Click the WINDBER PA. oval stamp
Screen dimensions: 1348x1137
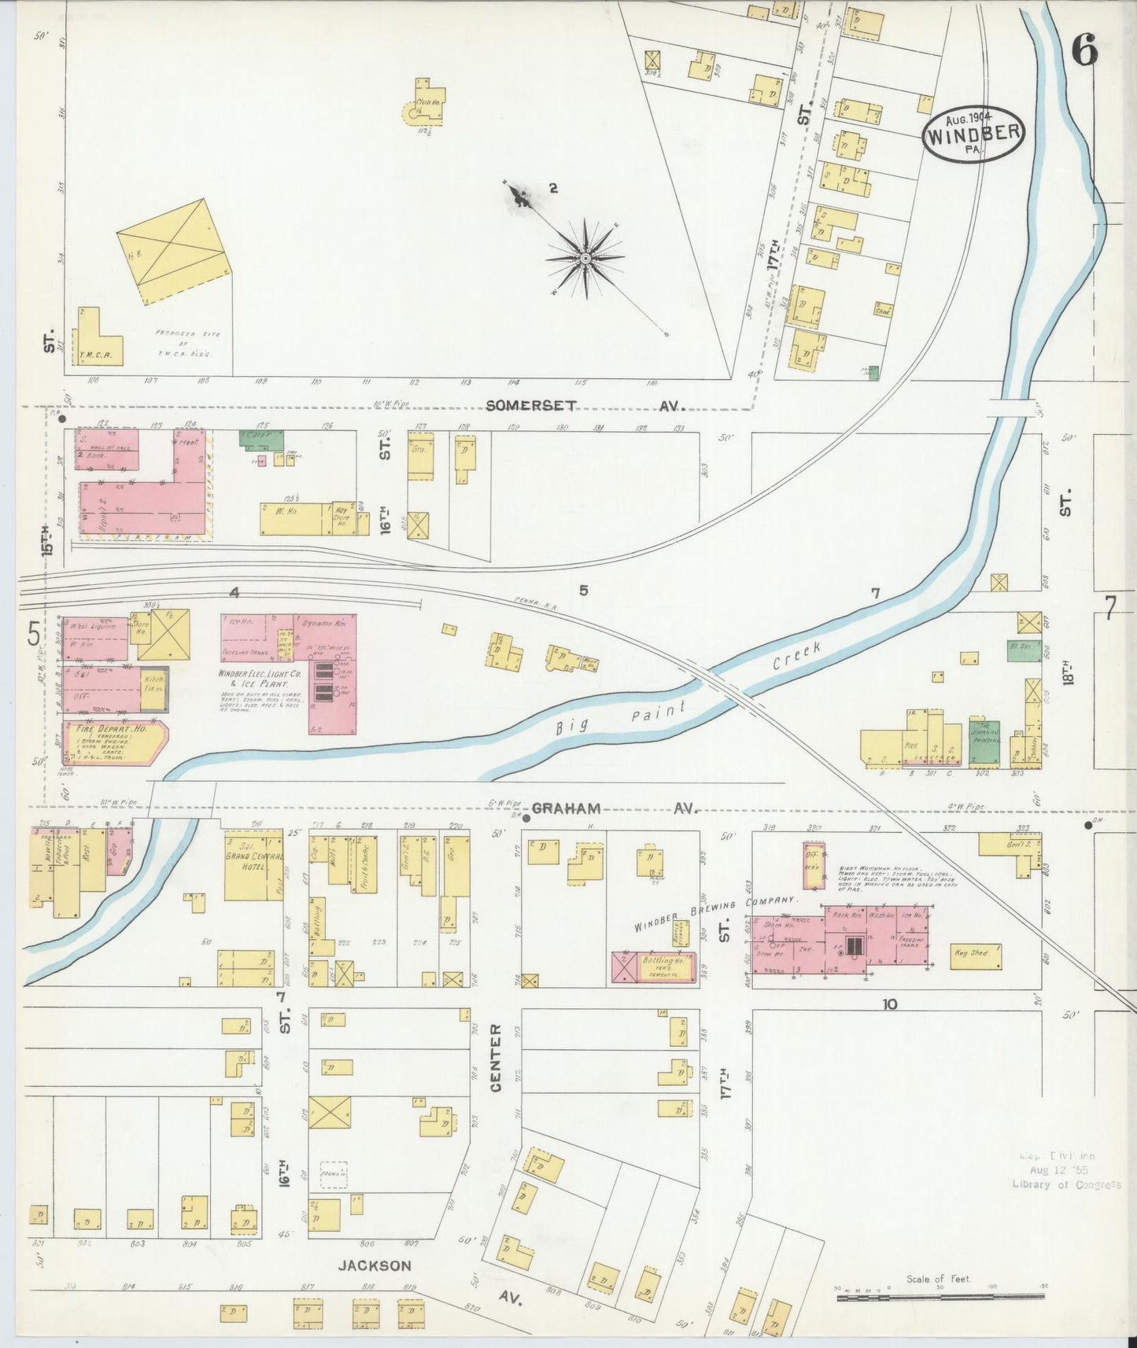(x=973, y=134)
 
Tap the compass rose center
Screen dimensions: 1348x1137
(x=586, y=258)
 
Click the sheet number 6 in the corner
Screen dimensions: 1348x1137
(x=1083, y=52)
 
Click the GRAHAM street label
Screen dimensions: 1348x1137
(x=567, y=808)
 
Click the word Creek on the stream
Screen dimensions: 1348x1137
(x=796, y=656)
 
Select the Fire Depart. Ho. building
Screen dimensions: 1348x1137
(x=114, y=743)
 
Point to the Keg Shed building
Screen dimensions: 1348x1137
(x=975, y=956)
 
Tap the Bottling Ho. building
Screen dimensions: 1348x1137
(x=654, y=967)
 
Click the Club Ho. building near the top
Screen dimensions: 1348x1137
(x=425, y=102)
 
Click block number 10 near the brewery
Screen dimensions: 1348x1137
(x=889, y=1004)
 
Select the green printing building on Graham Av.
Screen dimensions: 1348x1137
(x=984, y=742)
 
